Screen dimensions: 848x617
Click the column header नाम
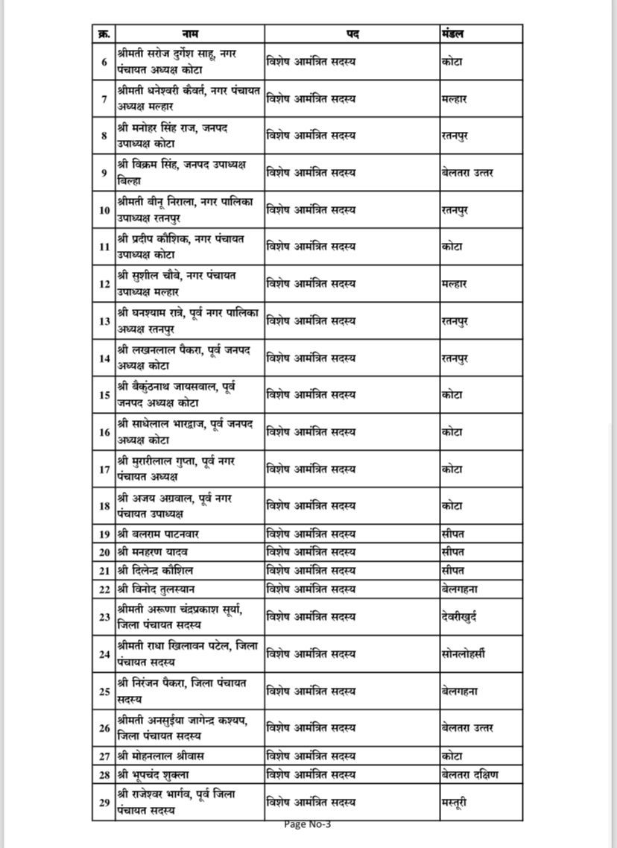click(x=190, y=34)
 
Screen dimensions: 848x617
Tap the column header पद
click(x=352, y=34)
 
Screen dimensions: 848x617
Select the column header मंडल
click(x=454, y=34)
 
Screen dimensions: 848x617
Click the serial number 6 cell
click(x=104, y=62)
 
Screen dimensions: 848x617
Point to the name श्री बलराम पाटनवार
click(x=158, y=534)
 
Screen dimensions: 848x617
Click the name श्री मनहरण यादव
click(x=153, y=552)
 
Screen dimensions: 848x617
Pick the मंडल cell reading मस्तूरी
click(x=455, y=803)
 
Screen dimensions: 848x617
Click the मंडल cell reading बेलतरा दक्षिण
click(x=469, y=775)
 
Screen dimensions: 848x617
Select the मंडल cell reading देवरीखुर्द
click(x=459, y=617)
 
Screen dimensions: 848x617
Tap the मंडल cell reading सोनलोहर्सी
click(x=463, y=654)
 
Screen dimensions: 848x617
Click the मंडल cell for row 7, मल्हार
click(x=454, y=98)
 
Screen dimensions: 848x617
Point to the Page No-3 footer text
click(x=308, y=823)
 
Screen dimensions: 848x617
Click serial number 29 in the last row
click(x=104, y=803)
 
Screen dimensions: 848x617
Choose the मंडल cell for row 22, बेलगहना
click(x=459, y=589)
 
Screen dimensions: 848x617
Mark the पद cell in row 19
click(x=311, y=534)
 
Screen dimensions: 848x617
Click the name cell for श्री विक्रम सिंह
click(x=181, y=173)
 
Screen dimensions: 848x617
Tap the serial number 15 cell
click(x=104, y=395)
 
